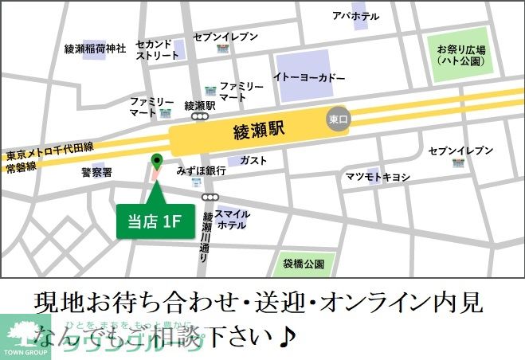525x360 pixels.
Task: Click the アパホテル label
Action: pyautogui.click(x=355, y=16)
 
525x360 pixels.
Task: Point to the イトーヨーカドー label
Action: pyautogui.click(x=309, y=78)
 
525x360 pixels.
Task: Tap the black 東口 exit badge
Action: pyautogui.click(x=339, y=119)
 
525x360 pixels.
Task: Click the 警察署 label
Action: pyautogui.click(x=96, y=172)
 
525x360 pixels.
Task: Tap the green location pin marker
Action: pyautogui.click(x=156, y=162)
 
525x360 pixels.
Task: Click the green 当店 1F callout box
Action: pyautogui.click(x=155, y=221)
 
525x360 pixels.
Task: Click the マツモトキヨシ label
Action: pyautogui.click(x=377, y=176)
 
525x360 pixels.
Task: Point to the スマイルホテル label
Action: pyautogui.click(x=232, y=219)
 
